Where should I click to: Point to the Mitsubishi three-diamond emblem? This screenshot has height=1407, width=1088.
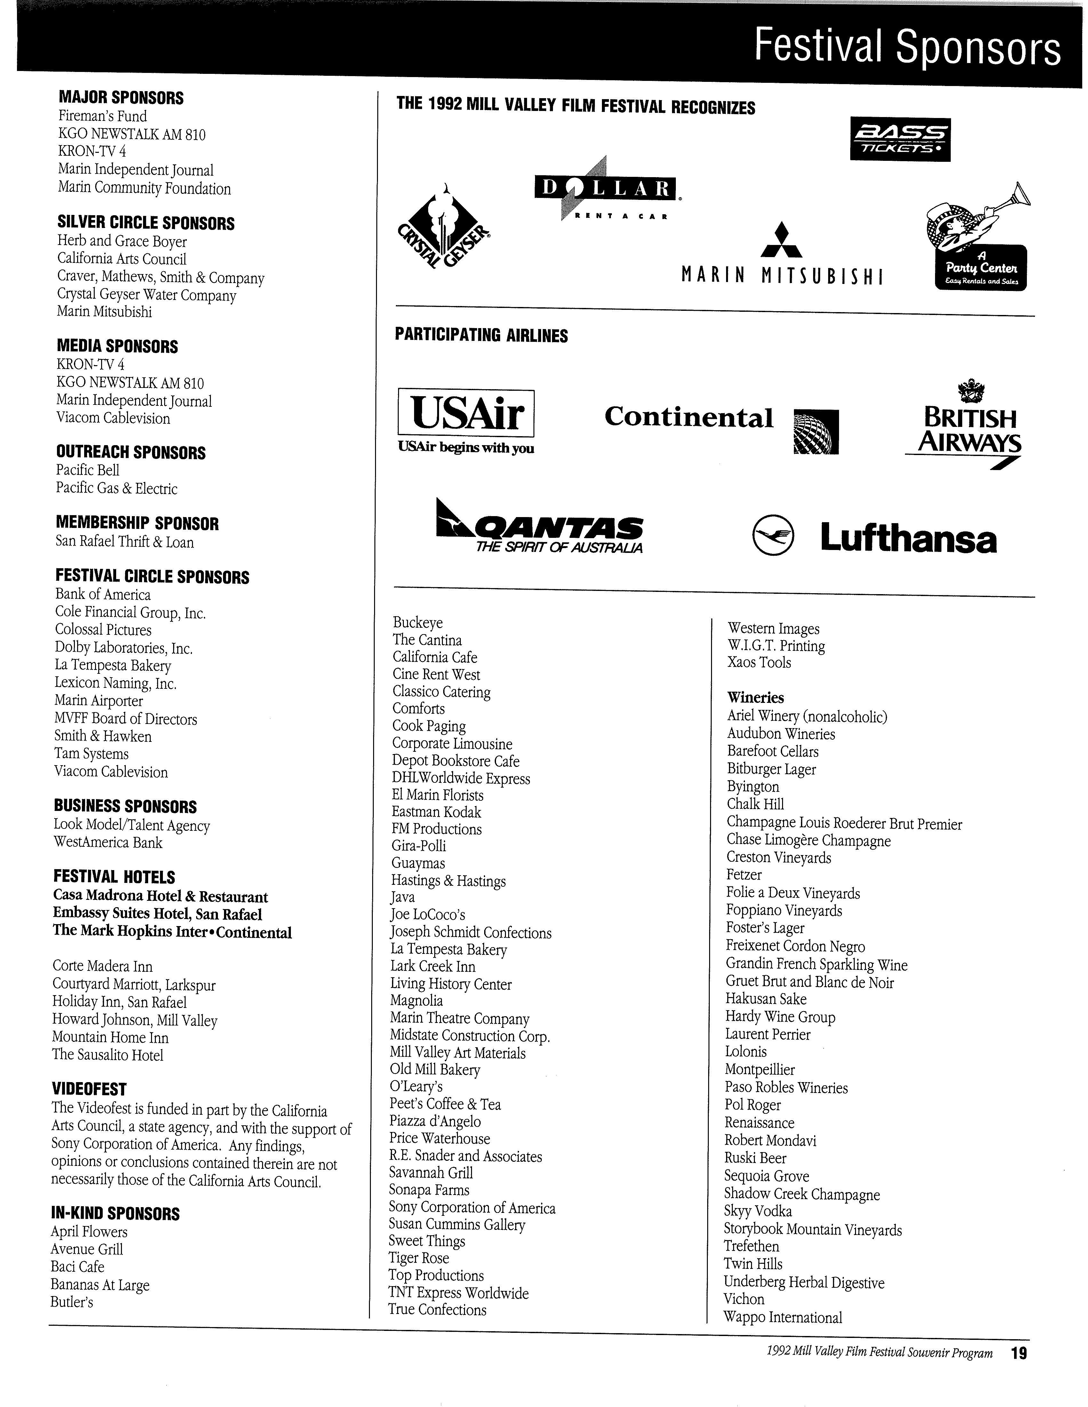(781, 241)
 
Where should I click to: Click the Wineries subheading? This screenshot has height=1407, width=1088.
(756, 698)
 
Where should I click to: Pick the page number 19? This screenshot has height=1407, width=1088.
(1018, 1354)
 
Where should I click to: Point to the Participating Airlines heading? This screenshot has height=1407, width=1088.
(481, 335)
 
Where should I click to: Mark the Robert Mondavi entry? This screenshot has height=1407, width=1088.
(770, 1140)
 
